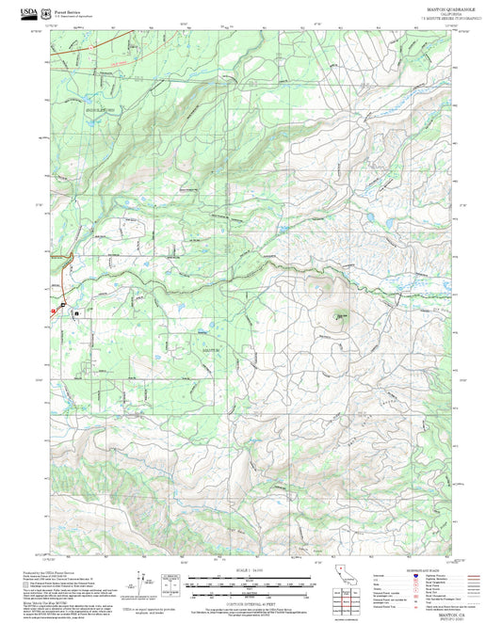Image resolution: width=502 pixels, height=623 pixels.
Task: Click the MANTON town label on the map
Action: pyautogui.click(x=214, y=349)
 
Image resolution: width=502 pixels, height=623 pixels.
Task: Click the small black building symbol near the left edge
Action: pyautogui.click(x=76, y=311)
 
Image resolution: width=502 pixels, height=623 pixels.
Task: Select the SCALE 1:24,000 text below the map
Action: pyautogui.click(x=249, y=569)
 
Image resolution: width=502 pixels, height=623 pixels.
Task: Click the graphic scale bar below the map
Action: pyautogui.click(x=249, y=583)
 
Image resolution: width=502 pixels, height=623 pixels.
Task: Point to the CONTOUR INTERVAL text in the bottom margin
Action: pyautogui.click(x=249, y=599)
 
